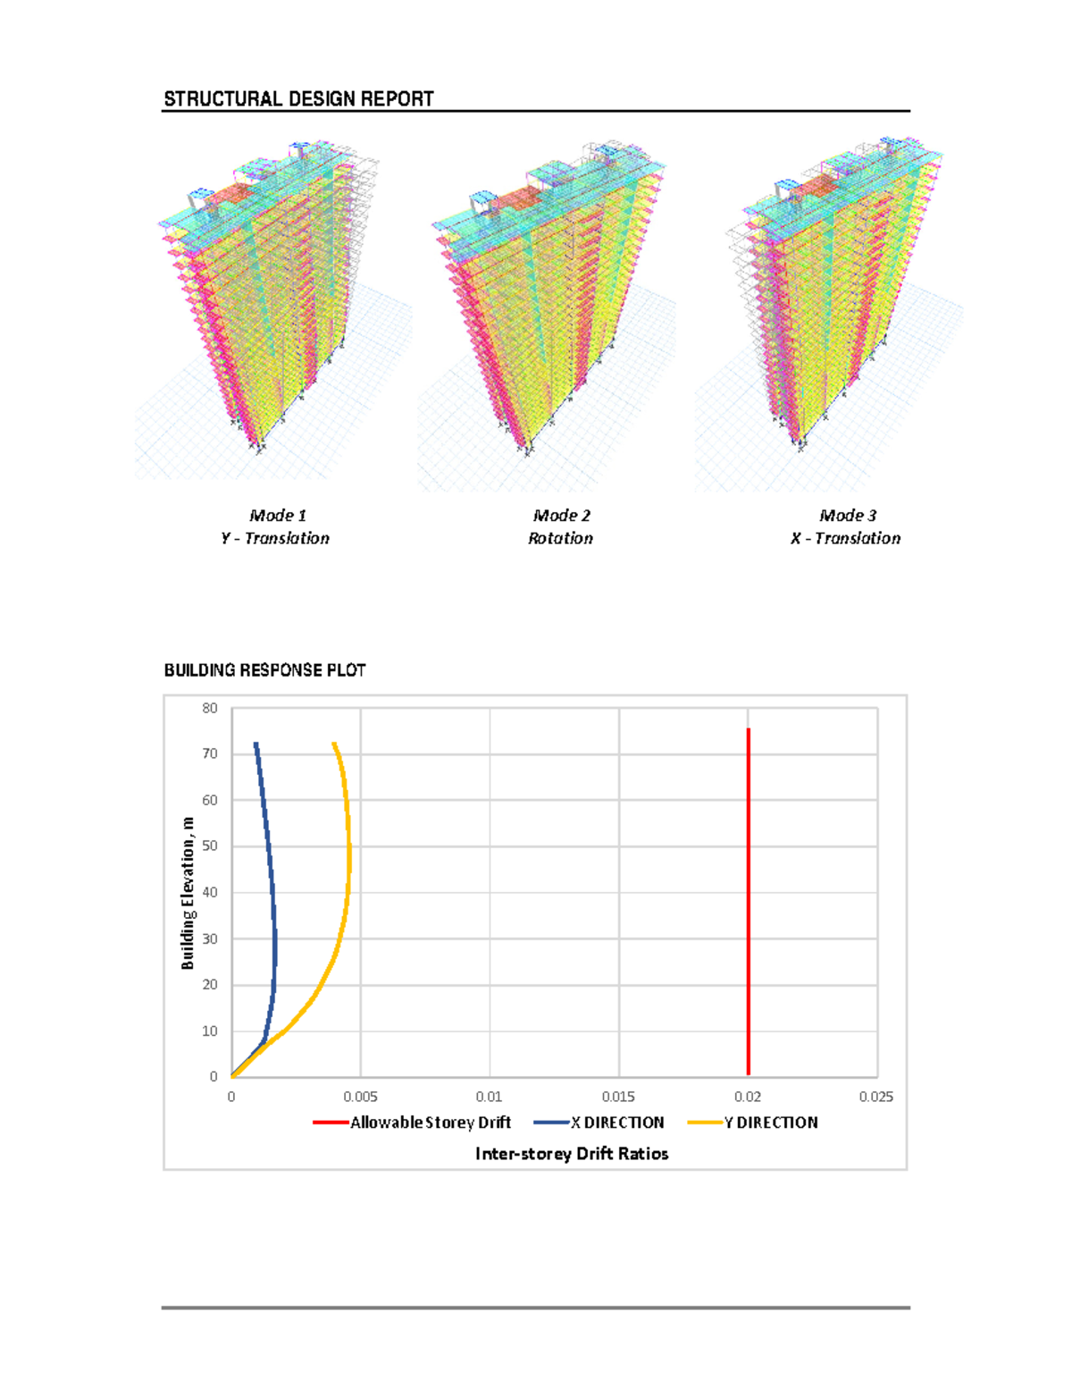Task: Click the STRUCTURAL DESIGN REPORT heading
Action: (298, 99)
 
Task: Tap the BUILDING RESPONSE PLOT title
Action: (264, 670)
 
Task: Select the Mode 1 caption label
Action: (278, 516)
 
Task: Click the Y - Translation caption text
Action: (275, 538)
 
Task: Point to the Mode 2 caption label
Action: (562, 516)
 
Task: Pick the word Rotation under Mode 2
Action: (560, 538)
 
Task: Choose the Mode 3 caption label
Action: (848, 516)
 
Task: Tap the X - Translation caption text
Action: (845, 538)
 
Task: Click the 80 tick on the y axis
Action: (210, 708)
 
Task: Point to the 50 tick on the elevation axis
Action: (210, 846)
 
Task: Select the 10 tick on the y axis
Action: (210, 1030)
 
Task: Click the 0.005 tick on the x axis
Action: (361, 1097)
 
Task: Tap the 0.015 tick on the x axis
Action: (618, 1097)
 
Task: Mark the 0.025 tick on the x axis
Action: (876, 1097)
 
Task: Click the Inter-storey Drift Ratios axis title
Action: (572, 1154)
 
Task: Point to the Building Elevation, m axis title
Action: (188, 893)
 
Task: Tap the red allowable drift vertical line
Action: (749, 894)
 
